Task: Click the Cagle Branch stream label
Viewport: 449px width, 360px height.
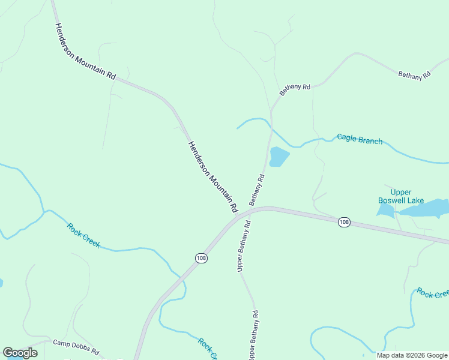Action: [360, 139]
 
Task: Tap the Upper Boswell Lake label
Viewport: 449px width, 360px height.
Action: [401, 196]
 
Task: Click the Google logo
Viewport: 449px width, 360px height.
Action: [20, 353]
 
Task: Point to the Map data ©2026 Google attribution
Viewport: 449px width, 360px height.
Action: [412, 355]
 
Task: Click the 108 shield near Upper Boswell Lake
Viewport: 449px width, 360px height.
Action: [343, 222]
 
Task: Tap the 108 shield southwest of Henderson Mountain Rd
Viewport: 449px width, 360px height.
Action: [201, 257]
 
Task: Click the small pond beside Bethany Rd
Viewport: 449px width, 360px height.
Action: [279, 157]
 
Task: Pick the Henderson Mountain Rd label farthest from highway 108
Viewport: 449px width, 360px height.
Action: [85, 52]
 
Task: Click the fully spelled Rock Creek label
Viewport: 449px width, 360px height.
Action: [83, 236]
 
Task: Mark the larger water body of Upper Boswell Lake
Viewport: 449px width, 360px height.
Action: [425, 209]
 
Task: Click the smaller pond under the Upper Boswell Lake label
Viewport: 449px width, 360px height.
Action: [385, 209]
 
